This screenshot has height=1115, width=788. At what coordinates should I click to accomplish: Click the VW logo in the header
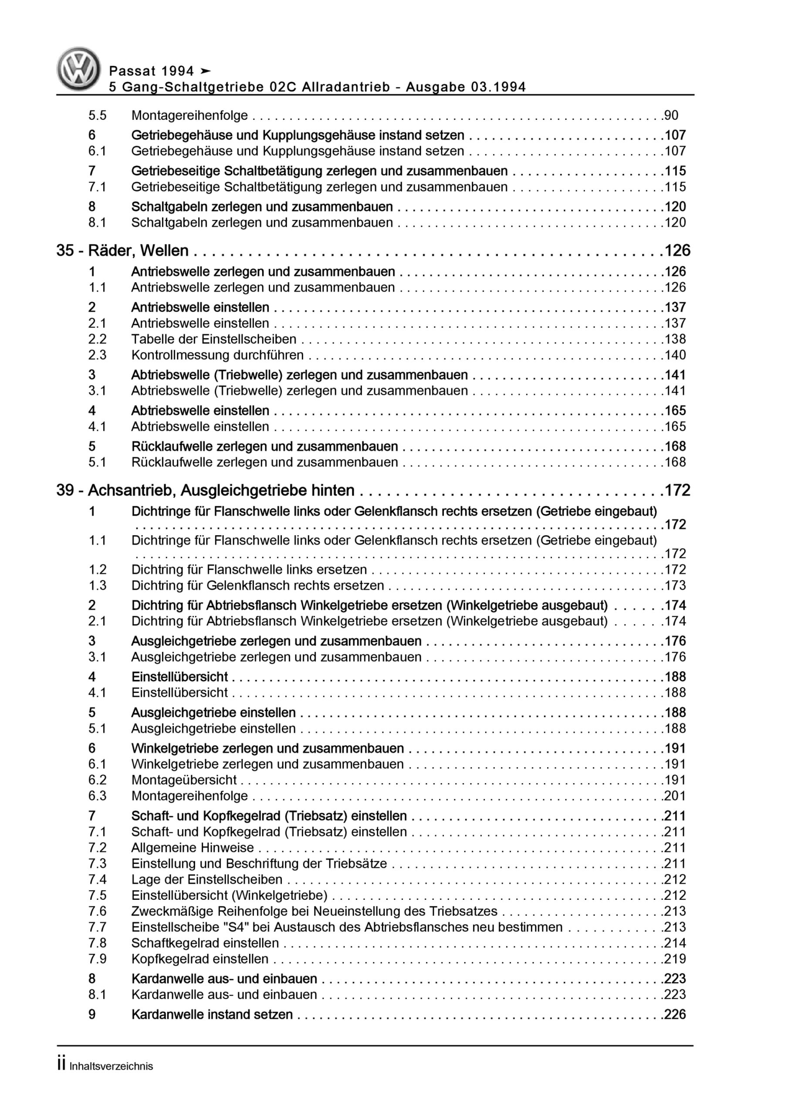(x=79, y=69)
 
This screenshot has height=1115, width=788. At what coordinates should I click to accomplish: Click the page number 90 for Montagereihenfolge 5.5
(x=671, y=115)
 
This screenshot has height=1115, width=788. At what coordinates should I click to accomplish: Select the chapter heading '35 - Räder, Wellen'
(x=122, y=250)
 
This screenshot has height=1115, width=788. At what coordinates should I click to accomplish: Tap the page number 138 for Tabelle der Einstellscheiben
(x=675, y=339)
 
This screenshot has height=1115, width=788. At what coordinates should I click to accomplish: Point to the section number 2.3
(x=97, y=355)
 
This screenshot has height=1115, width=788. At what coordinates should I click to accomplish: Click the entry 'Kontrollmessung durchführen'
(x=217, y=355)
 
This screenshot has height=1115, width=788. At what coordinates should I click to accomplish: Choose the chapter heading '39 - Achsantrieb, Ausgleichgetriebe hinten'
(x=206, y=490)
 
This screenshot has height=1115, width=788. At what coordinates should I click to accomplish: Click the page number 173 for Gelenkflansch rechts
(x=675, y=585)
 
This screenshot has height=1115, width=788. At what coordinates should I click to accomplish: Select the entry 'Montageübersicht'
(x=184, y=780)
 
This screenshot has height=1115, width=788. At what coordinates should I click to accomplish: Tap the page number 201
(x=675, y=796)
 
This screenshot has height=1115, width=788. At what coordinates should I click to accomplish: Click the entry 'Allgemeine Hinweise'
(x=193, y=848)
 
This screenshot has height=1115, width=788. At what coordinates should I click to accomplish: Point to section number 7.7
(x=97, y=927)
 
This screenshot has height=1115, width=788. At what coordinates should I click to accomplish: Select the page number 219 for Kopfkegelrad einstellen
(x=675, y=959)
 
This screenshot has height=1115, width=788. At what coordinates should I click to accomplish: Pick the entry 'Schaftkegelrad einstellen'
(x=205, y=943)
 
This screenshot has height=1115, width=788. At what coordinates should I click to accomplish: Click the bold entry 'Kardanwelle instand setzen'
(x=212, y=1014)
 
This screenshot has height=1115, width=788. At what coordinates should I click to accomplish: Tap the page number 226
(x=675, y=1014)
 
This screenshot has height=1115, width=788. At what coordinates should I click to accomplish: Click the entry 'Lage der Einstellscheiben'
(x=206, y=879)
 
